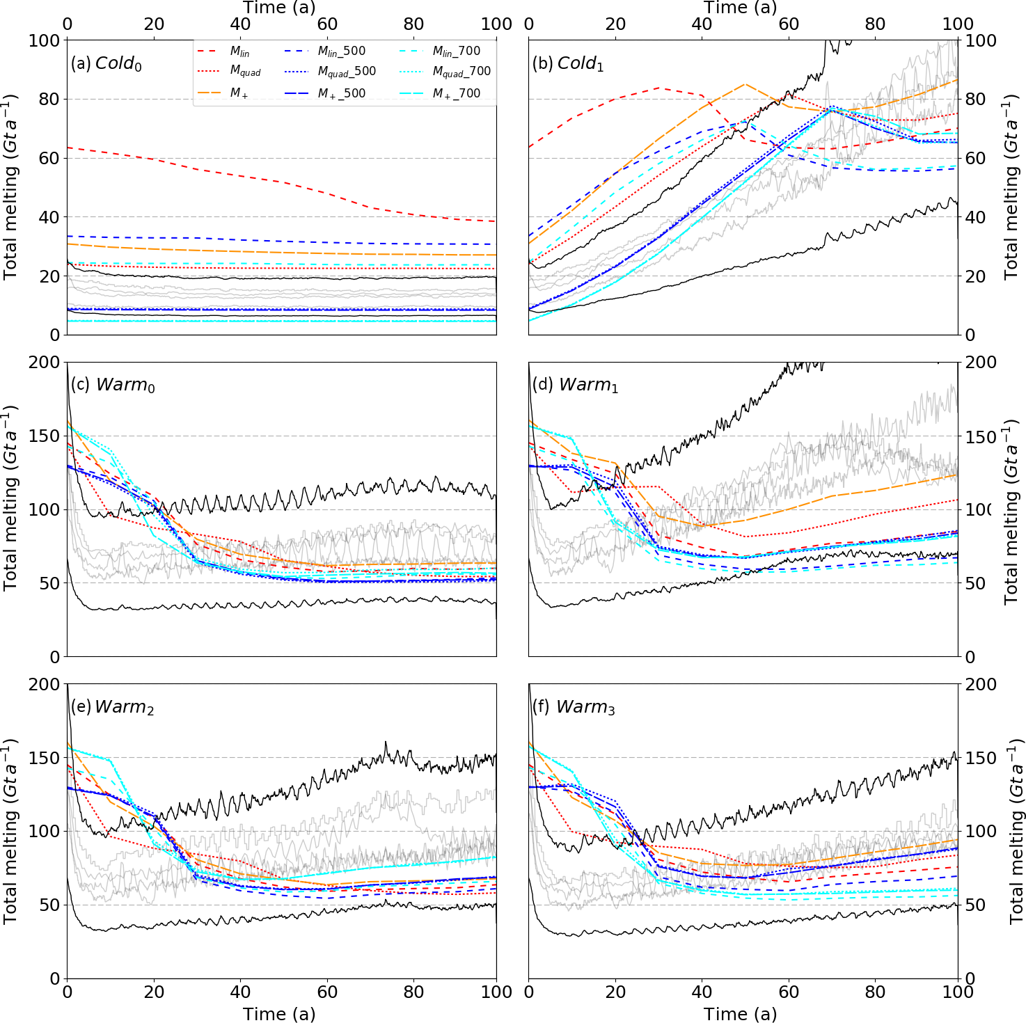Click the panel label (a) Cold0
tap(106, 63)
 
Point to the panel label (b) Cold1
tap(568, 63)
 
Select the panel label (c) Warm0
tap(113, 385)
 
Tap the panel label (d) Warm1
tap(575, 385)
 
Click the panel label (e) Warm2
tap(112, 707)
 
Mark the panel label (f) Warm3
tap(574, 707)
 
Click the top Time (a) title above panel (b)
tap(740, 8)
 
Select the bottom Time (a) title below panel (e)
tap(279, 1014)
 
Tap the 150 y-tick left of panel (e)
tap(45, 758)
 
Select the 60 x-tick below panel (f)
tap(789, 992)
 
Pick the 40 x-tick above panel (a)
tap(240, 24)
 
